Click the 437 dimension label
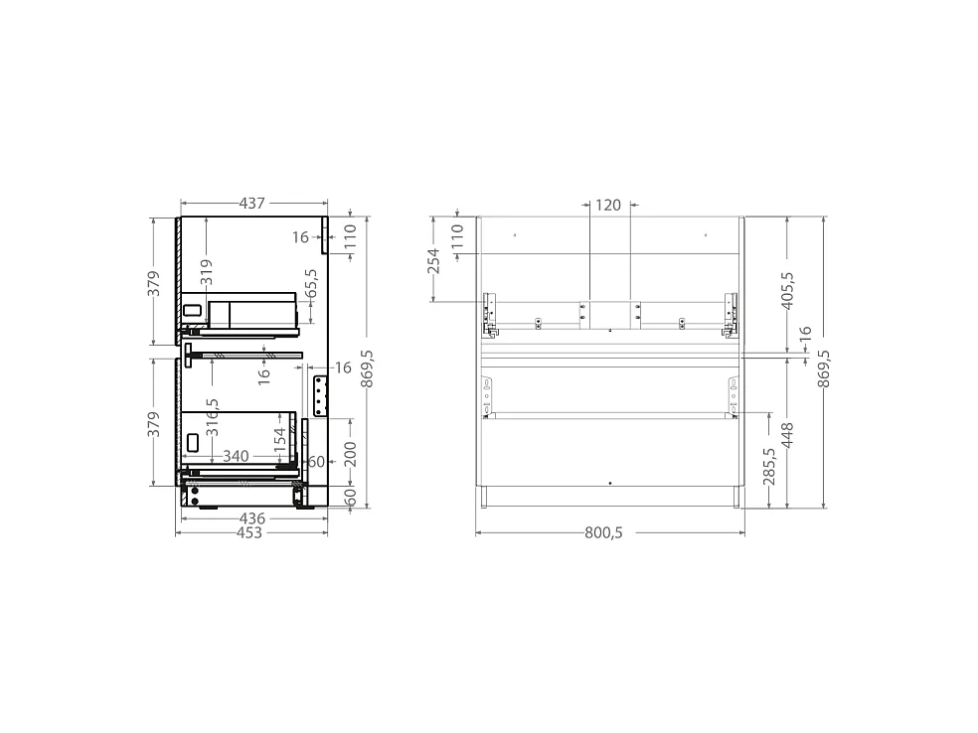click(252, 204)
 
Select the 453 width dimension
click(249, 533)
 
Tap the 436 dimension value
click(252, 518)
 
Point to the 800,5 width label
click(603, 533)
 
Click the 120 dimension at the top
click(608, 205)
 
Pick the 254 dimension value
click(433, 261)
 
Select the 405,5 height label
click(787, 290)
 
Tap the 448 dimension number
click(787, 435)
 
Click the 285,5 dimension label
click(769, 466)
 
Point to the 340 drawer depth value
click(236, 456)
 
